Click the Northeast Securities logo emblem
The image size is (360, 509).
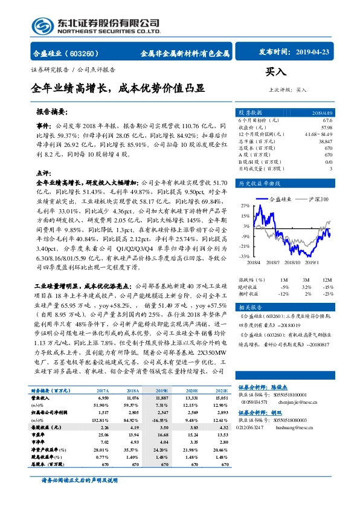41,26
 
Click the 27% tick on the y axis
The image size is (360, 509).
244,206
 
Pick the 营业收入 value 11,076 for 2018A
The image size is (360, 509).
133,399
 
